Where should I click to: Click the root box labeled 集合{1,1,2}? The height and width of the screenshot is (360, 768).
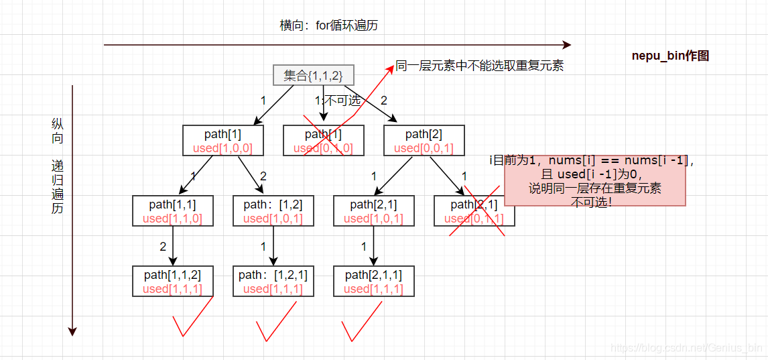pyautogui.click(x=313, y=75)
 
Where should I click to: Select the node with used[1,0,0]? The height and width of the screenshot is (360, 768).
pyautogui.click(x=222, y=141)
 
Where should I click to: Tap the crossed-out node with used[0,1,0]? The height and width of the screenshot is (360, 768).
pyautogui.click(x=323, y=141)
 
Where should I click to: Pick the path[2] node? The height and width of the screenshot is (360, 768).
pyautogui.click(x=424, y=141)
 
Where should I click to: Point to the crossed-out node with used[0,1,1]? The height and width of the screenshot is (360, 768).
pyautogui.click(x=474, y=211)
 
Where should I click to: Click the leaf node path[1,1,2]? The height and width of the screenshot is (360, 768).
pyautogui.click(x=172, y=282)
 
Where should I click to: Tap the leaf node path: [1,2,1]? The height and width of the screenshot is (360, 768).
pyautogui.click(x=273, y=282)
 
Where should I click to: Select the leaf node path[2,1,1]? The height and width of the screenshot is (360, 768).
pyautogui.click(x=374, y=282)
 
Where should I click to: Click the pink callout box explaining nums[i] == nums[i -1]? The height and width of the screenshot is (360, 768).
pyautogui.click(x=595, y=181)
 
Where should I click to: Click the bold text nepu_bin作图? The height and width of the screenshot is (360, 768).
pyautogui.click(x=670, y=56)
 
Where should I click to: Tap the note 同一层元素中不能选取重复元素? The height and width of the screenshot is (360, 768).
pyautogui.click(x=479, y=66)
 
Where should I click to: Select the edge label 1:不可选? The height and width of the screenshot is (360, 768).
pyautogui.click(x=338, y=101)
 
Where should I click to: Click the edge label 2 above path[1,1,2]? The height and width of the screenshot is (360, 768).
pyautogui.click(x=163, y=246)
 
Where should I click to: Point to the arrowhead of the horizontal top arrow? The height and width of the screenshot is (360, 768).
pyautogui.click(x=566, y=45)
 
